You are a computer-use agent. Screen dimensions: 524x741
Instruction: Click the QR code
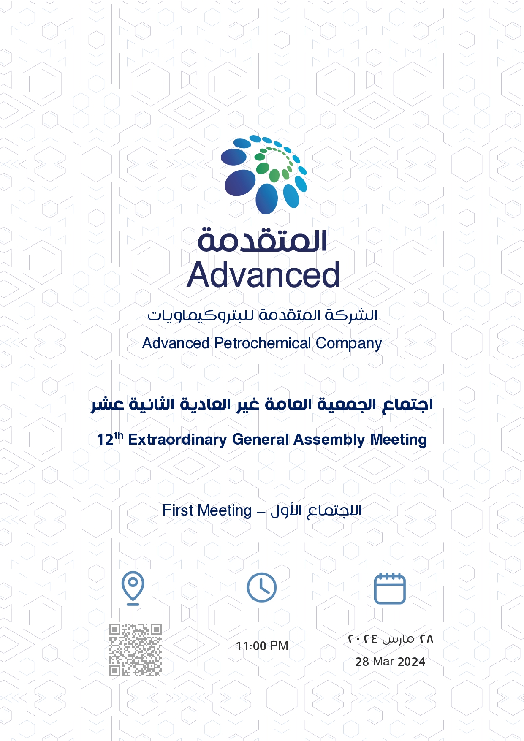click(x=135, y=650)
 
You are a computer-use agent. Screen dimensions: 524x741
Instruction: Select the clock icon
click(x=262, y=587)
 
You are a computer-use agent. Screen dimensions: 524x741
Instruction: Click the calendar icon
click(x=390, y=588)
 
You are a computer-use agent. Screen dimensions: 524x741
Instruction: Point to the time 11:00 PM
click(x=262, y=646)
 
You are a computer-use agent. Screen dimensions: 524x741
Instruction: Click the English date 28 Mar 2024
click(x=390, y=662)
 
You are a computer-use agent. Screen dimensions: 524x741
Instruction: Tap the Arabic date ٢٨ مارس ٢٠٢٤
click(x=391, y=639)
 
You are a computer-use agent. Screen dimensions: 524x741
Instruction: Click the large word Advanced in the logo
click(x=263, y=275)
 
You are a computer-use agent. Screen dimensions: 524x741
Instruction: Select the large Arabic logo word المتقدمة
click(x=262, y=240)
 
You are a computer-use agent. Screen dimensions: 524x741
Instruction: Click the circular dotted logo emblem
click(x=263, y=174)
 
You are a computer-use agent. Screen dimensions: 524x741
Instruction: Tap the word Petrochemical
click(x=263, y=343)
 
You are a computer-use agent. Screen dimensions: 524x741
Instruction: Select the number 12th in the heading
click(x=110, y=439)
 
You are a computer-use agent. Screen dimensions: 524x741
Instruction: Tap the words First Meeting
click(x=207, y=510)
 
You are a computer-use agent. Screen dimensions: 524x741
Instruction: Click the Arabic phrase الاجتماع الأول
click(x=316, y=510)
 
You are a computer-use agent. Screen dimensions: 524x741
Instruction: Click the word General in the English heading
click(x=261, y=440)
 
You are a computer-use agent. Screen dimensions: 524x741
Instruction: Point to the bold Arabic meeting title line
click(x=262, y=404)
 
